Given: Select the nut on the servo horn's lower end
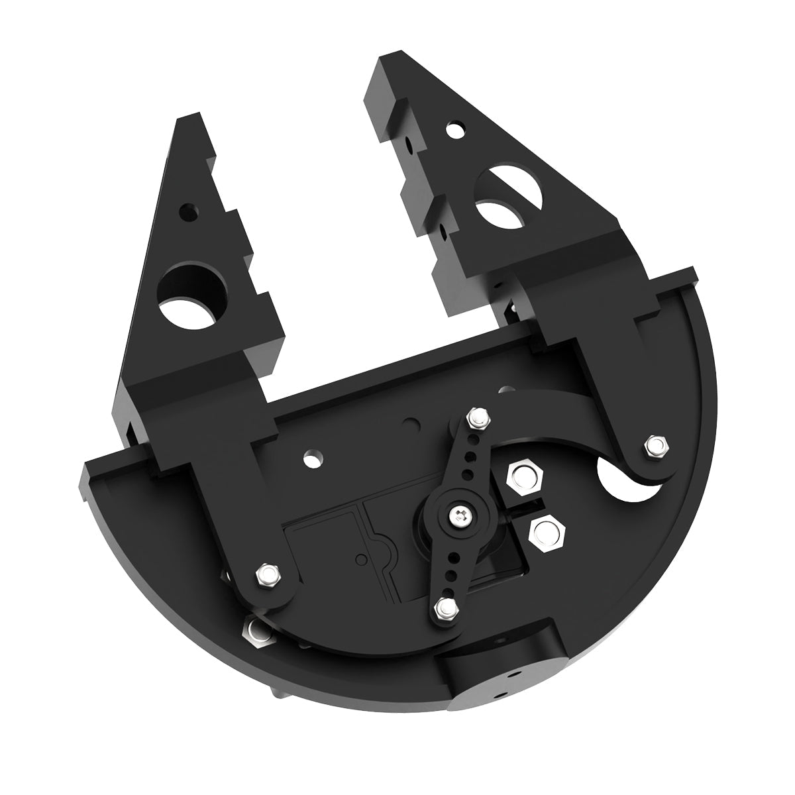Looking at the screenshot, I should pos(445,608).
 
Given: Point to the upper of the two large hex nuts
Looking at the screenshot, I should pos(523,476).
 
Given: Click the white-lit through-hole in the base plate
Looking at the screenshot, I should pos(311,457).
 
